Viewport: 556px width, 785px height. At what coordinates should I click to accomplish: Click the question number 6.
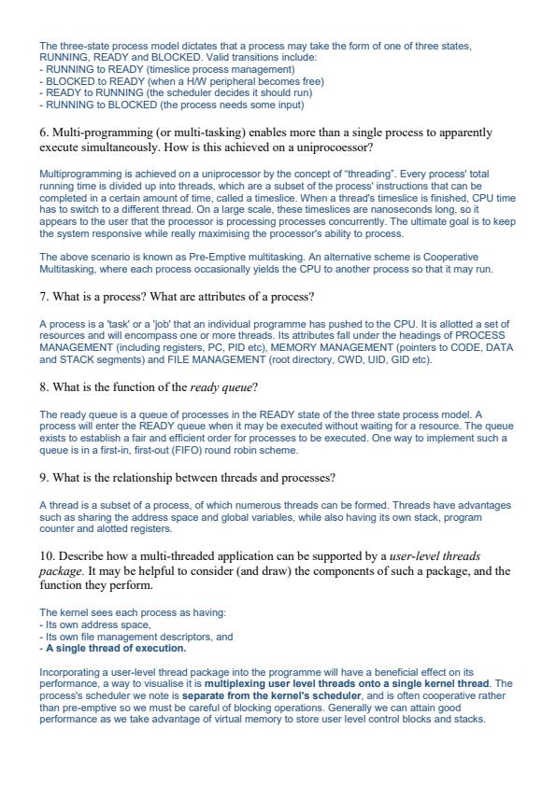click(x=44, y=133)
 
